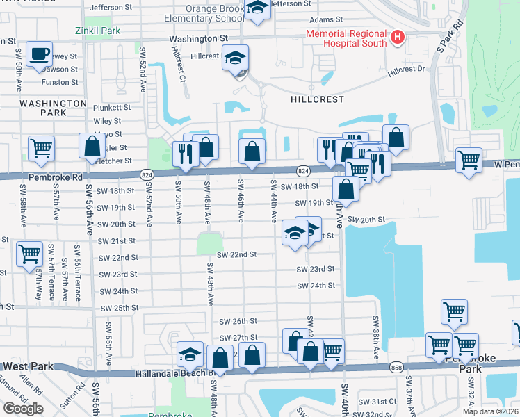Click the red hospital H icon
(398, 36)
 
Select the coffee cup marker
(39, 54)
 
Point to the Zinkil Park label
(97, 31)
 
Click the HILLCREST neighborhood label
(317, 99)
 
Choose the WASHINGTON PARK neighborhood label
(53, 108)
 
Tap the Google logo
(23, 409)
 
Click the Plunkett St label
(112, 108)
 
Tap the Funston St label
(59, 82)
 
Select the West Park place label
(24, 366)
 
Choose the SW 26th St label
(238, 322)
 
